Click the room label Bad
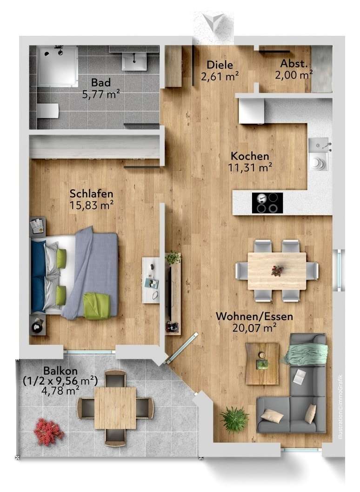click(x=100, y=83)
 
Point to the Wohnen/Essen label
click(x=254, y=317)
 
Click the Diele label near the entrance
click(x=220, y=65)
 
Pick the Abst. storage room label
click(x=293, y=64)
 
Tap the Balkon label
click(x=60, y=371)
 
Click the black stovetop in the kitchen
click(x=267, y=203)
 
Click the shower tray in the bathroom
click(x=57, y=66)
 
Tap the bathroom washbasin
click(x=134, y=59)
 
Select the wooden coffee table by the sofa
click(x=262, y=363)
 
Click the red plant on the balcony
click(x=48, y=431)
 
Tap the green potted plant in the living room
click(x=234, y=419)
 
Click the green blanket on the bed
click(x=97, y=306)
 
